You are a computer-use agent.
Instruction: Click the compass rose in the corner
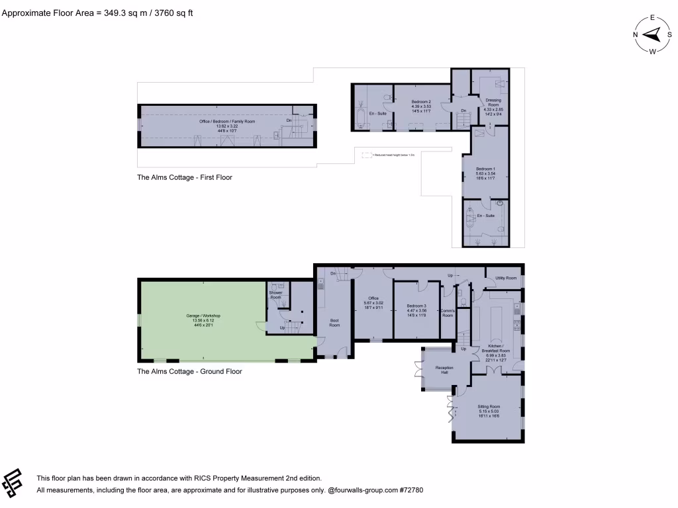(652, 35)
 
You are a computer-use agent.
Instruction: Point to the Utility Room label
(506, 278)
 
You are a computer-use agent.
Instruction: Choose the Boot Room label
(334, 322)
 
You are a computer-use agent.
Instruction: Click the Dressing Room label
(493, 104)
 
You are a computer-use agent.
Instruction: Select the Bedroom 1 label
(485, 171)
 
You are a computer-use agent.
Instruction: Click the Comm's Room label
(447, 313)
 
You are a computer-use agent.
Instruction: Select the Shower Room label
(275, 295)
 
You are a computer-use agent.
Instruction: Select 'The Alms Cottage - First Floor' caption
(185, 177)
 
